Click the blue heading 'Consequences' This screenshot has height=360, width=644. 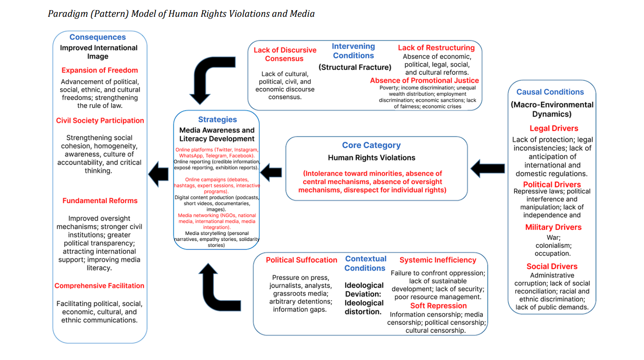click(97, 37)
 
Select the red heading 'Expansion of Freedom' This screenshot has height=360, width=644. click(99, 70)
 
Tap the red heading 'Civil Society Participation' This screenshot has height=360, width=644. click(100, 121)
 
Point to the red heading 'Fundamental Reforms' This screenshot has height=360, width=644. click(100, 201)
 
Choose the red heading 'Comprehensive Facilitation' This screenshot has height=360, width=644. click(99, 286)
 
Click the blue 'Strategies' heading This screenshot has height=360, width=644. click(217, 120)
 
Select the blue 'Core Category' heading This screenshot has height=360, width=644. click(371, 145)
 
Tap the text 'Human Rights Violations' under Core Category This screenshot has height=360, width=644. click(371, 158)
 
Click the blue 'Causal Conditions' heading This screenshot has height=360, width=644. click(550, 92)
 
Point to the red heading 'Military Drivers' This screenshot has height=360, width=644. click(553, 227)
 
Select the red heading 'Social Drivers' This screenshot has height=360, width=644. click(552, 266)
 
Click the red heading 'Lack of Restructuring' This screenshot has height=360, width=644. click(436, 48)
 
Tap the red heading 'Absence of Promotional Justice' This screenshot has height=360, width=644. click(424, 81)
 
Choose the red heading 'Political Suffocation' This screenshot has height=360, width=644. click(301, 260)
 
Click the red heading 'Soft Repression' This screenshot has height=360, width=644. click(438, 306)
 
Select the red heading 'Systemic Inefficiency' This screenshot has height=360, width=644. click(438, 260)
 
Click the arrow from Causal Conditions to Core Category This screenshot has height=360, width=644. click(488, 169)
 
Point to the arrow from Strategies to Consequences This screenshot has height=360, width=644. click(159, 174)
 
